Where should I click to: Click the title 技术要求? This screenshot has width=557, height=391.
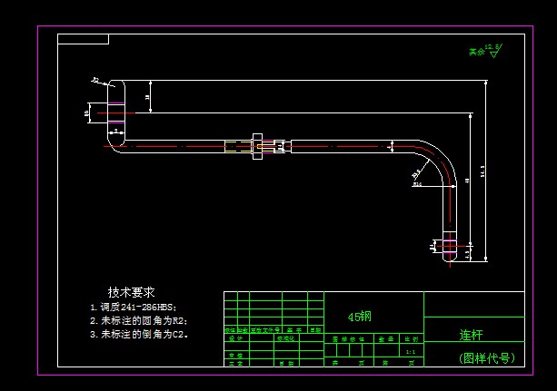(131, 292)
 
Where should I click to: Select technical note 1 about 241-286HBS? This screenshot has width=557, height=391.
(133, 307)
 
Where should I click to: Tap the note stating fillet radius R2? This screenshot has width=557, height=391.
(138, 320)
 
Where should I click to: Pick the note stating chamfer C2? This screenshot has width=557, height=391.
(138, 334)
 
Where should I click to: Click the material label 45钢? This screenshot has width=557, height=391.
(359, 317)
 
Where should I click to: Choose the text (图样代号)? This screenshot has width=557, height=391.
(487, 357)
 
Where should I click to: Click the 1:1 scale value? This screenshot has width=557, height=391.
(410, 351)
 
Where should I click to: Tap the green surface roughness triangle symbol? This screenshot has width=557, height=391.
(493, 54)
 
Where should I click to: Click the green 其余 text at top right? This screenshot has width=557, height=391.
(476, 52)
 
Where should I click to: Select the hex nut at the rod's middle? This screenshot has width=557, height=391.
(258, 146)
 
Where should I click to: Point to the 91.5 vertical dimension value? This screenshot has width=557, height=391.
(482, 171)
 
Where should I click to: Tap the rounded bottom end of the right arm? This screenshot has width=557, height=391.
(452, 259)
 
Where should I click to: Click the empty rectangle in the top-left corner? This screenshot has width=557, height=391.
(83, 39)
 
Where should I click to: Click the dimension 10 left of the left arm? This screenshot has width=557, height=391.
(87, 112)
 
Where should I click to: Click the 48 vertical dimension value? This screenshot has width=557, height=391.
(465, 181)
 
